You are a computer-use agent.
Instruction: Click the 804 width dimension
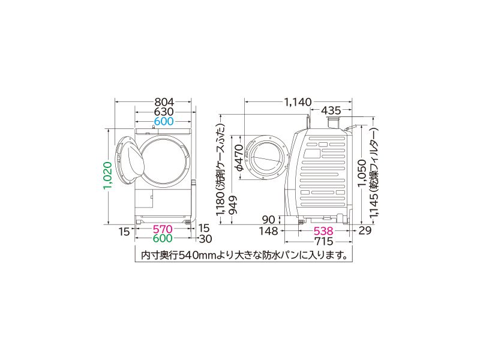tap(164, 101)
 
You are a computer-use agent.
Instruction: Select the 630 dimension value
tap(164, 112)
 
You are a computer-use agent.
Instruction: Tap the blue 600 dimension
tap(164, 121)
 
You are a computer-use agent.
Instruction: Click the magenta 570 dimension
tap(163, 229)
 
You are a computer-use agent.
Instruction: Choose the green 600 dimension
tap(163, 239)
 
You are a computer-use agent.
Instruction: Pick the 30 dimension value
tap(206, 239)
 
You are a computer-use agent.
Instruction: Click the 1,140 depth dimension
tap(298, 101)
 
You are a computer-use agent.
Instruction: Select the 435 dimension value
tap(331, 111)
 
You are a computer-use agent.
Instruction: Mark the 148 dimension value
tap(268, 230)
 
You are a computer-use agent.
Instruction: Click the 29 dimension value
tap(365, 230)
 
